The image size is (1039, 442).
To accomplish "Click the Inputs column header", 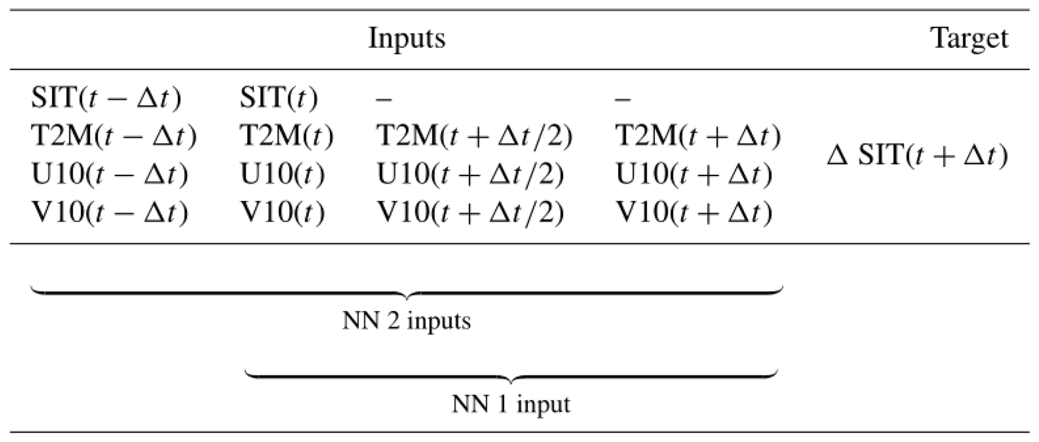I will click(x=407, y=38).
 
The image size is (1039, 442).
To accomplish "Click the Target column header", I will click(x=970, y=38).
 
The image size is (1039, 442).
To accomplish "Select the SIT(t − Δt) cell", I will click(x=106, y=98).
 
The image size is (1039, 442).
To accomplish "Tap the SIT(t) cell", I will click(x=279, y=98).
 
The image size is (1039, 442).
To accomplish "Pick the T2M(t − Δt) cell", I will click(x=114, y=136).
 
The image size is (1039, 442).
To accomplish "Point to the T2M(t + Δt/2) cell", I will click(x=475, y=136).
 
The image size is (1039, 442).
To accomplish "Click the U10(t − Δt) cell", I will click(x=110, y=174).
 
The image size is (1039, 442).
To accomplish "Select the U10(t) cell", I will click(x=282, y=174).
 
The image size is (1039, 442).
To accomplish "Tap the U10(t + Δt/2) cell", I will click(x=470, y=174).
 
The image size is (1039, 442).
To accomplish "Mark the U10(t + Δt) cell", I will click(x=694, y=174).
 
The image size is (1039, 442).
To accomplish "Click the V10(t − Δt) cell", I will click(x=110, y=212).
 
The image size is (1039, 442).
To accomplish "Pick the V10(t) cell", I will click(x=282, y=212).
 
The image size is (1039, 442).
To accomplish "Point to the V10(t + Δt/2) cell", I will click(x=470, y=212).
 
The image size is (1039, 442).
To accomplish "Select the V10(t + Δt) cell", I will click(x=694, y=212).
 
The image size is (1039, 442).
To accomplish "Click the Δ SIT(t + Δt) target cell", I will click(x=917, y=156).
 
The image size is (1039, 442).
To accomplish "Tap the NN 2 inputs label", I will click(x=407, y=320).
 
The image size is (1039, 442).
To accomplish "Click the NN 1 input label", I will click(x=511, y=404).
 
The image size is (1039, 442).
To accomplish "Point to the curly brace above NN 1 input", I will click(x=511, y=376).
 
